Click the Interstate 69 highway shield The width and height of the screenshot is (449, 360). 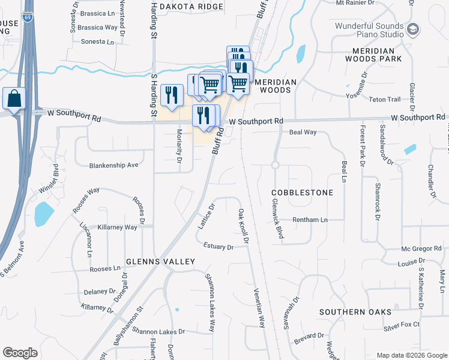(x=28, y=17)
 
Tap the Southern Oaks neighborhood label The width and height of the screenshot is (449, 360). (x=355, y=312)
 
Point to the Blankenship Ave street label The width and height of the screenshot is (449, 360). (x=113, y=165)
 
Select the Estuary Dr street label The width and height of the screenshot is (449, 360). (x=218, y=247)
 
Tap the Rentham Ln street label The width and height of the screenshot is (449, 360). (x=310, y=220)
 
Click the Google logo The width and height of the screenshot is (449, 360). (x=20, y=353)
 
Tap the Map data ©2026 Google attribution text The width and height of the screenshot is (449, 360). (x=411, y=355)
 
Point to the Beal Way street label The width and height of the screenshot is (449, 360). (x=303, y=132)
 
